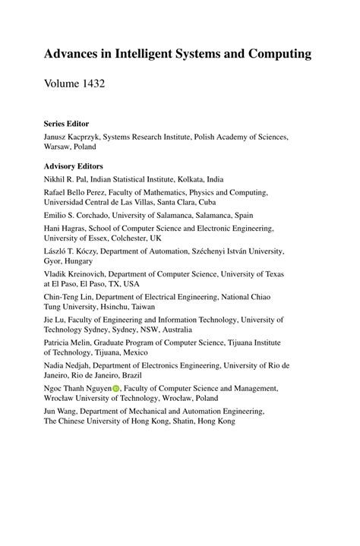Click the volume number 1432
point(90,84)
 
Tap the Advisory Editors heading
point(74,165)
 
